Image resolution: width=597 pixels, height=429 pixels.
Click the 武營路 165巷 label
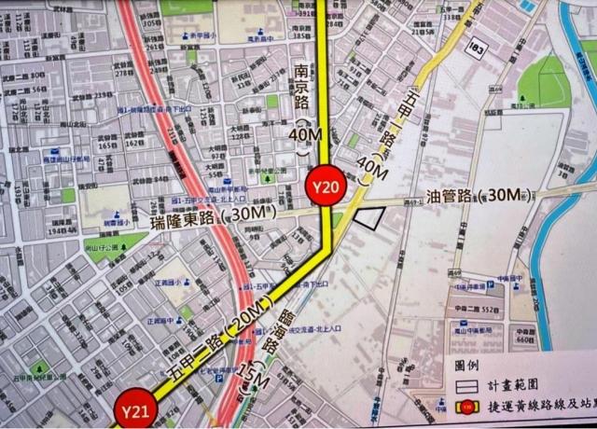pyautogui.click(x=108, y=145)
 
